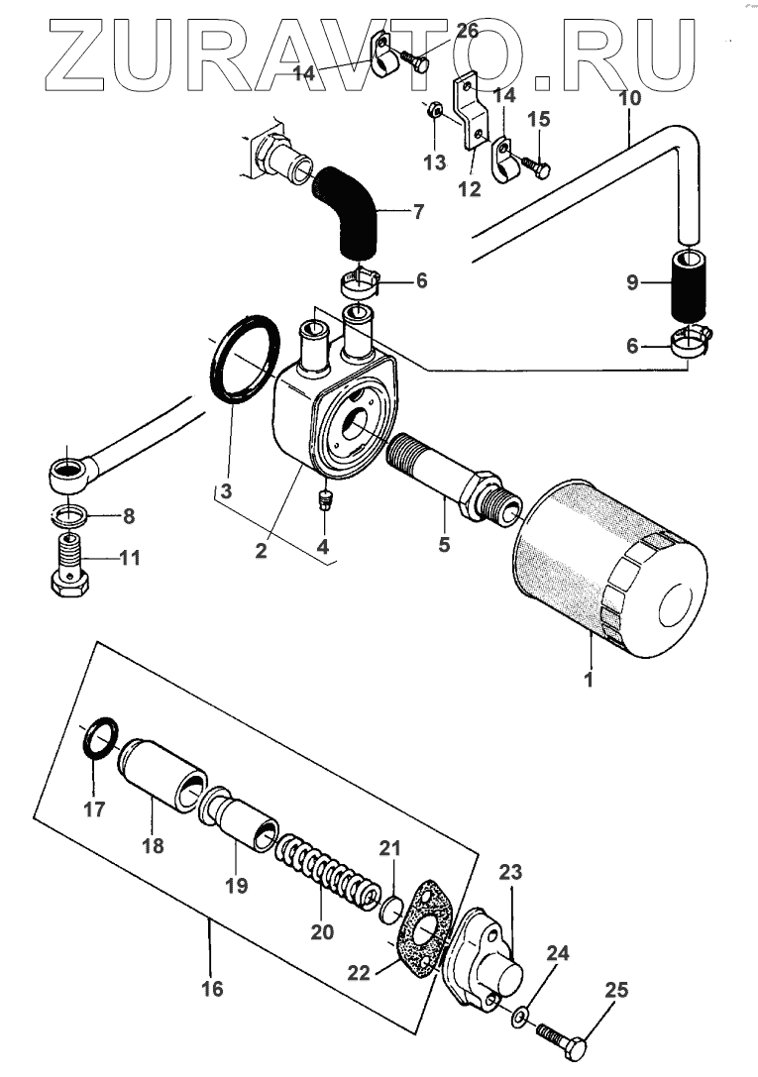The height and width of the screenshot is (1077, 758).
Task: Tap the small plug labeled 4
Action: coord(322,498)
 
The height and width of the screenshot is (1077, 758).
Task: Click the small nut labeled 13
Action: coord(436,111)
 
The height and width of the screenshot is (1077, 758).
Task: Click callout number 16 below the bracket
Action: coord(212,988)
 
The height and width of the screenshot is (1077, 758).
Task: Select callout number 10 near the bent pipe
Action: coord(629,99)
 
